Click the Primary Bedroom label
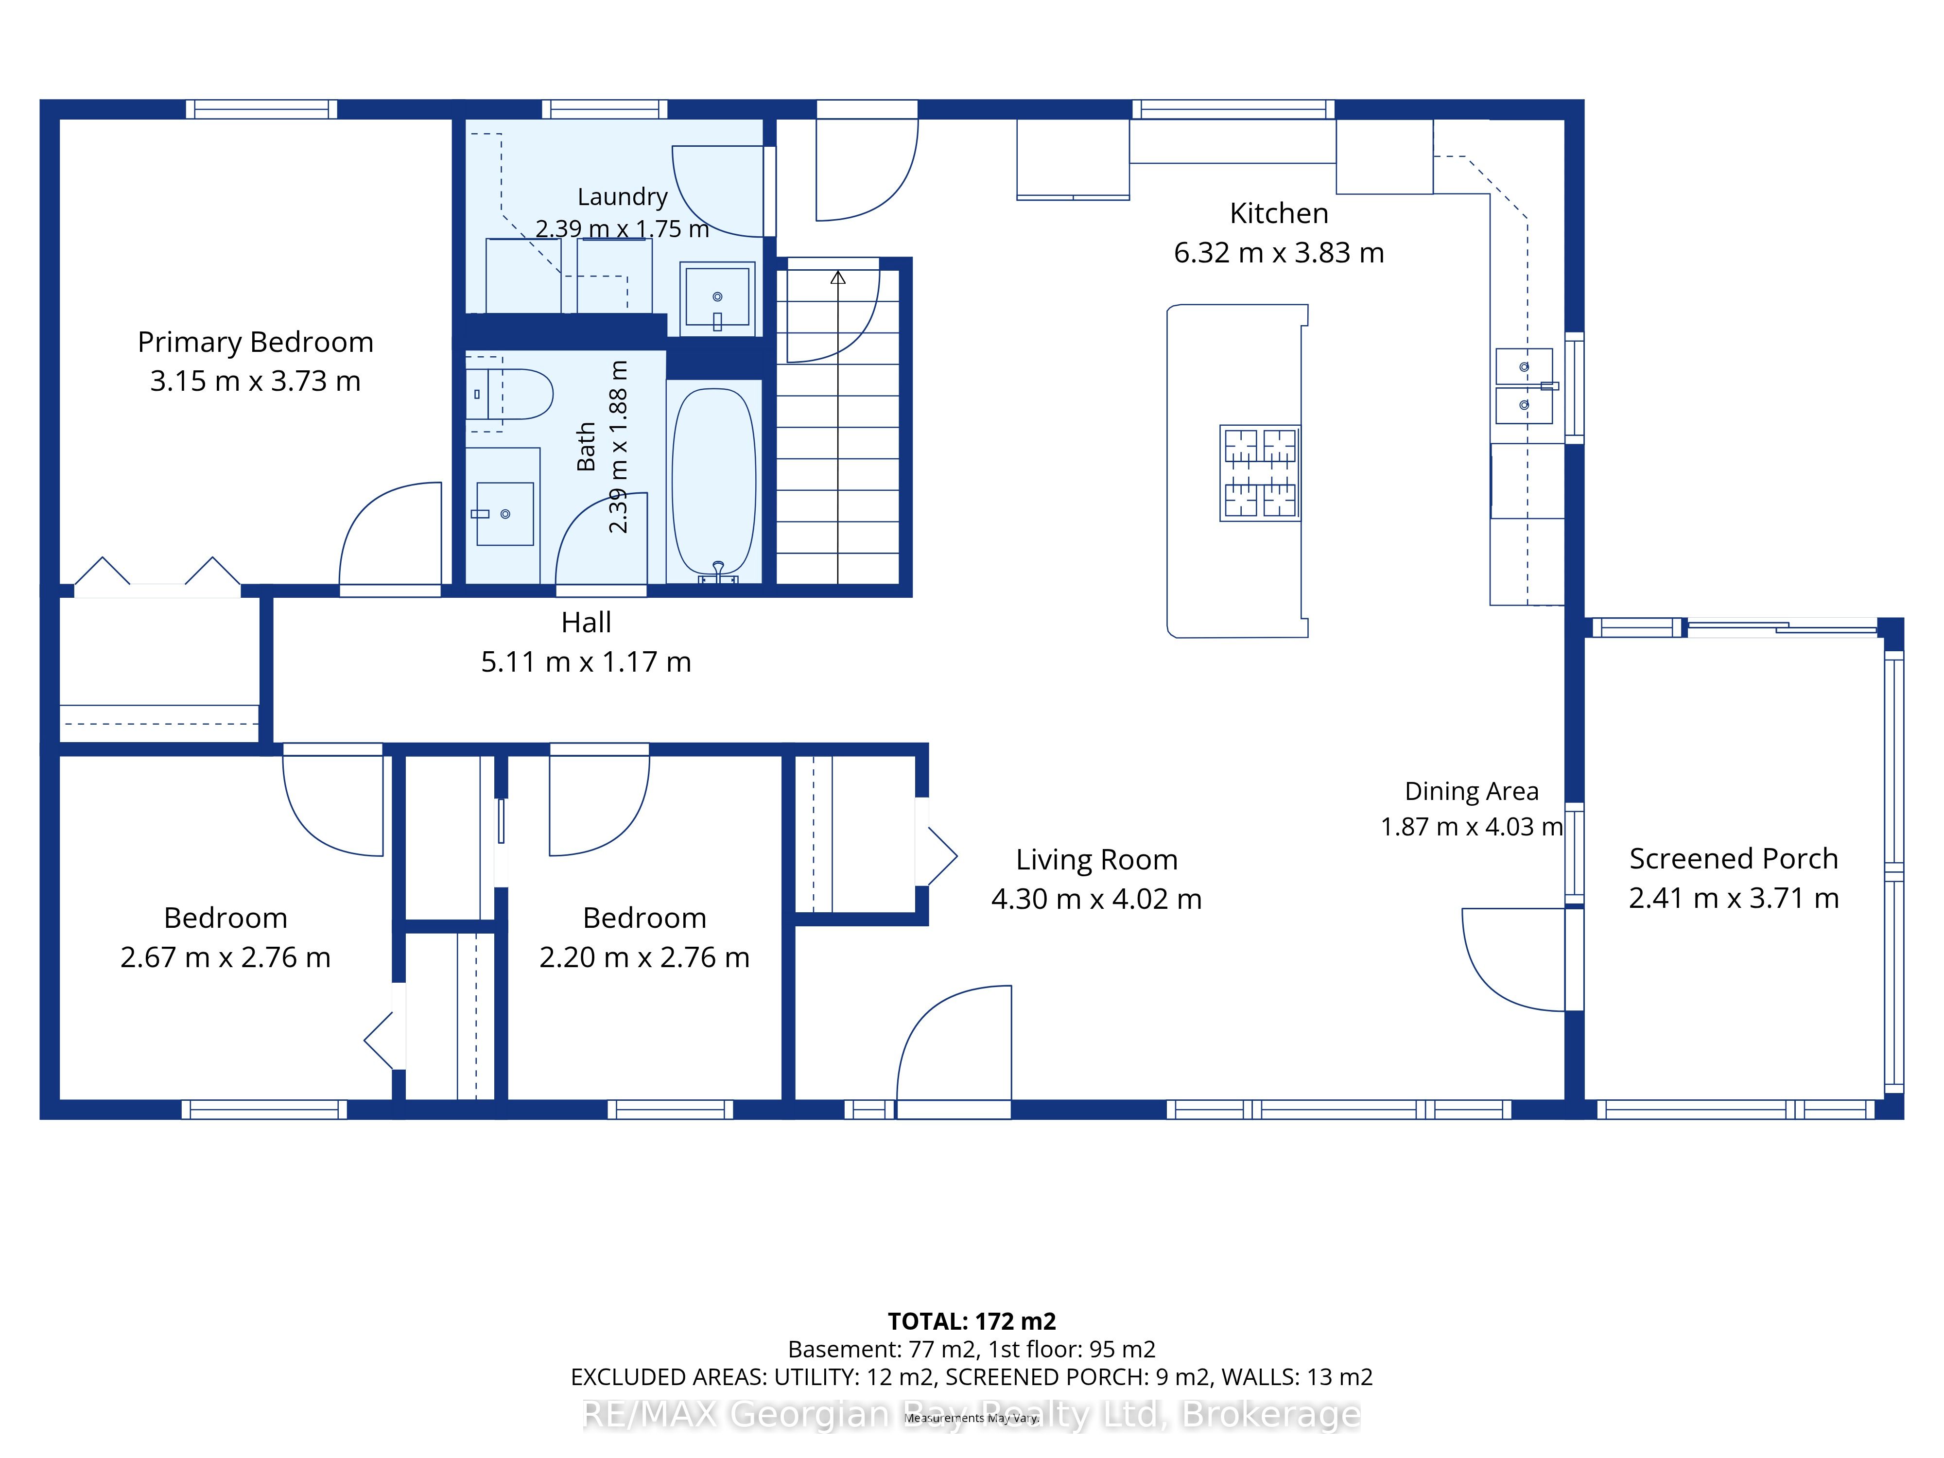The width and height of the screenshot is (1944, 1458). tap(256, 342)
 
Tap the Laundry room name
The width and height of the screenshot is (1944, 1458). tap(622, 197)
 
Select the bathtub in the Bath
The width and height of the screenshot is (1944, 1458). tap(713, 482)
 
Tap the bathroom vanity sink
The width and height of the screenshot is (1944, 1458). tap(504, 513)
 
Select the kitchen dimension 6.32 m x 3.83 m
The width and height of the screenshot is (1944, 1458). tap(1279, 253)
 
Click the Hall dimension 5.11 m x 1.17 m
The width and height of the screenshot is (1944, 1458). tap(586, 662)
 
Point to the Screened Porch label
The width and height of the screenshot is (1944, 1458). tap(1733, 859)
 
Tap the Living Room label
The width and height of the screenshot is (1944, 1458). tap(1097, 860)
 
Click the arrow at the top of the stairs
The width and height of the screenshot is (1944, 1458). tap(837, 278)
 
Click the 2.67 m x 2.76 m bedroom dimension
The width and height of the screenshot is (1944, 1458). tap(226, 957)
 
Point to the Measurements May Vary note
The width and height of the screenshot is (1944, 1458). tap(972, 1418)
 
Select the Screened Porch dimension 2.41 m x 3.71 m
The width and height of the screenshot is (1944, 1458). tap(1733, 898)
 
